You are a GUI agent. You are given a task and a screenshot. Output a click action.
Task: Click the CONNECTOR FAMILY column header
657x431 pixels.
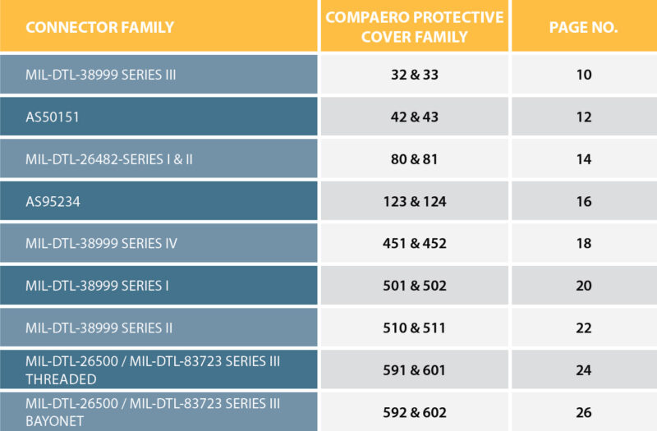click(x=99, y=27)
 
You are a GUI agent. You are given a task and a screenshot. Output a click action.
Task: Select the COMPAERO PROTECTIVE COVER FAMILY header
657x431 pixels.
click(x=414, y=27)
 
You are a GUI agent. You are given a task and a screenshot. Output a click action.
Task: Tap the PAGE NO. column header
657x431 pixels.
click(x=583, y=27)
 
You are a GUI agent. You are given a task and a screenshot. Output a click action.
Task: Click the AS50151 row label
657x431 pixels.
click(x=53, y=117)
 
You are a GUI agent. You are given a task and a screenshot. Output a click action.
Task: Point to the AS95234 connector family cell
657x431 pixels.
click(x=53, y=201)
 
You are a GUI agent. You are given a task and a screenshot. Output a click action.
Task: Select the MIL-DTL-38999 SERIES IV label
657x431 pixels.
click(x=101, y=243)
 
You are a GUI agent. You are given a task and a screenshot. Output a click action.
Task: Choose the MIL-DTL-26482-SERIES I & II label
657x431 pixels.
click(x=109, y=159)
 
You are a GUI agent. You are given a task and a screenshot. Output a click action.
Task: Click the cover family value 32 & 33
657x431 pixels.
click(x=414, y=75)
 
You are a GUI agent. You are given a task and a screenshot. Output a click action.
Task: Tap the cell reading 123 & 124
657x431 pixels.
click(x=414, y=201)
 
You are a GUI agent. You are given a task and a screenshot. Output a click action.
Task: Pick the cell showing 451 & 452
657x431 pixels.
click(x=414, y=243)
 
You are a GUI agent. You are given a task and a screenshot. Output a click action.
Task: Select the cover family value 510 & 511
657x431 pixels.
click(x=414, y=328)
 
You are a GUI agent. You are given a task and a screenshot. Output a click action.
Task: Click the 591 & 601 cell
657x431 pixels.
click(x=414, y=370)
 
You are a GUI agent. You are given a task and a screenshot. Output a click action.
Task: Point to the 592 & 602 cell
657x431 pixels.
click(x=414, y=412)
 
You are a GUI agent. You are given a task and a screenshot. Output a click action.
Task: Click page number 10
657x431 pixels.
click(x=584, y=75)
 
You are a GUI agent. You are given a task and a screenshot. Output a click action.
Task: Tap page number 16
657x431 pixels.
click(x=584, y=201)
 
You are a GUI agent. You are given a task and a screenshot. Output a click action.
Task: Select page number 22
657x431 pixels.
click(x=584, y=328)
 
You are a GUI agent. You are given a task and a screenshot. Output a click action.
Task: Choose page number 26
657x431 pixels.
click(x=584, y=412)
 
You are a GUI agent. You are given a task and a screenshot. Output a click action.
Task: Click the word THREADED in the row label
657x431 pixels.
click(x=61, y=379)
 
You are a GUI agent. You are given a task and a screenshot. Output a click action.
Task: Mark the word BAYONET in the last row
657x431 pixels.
click(x=56, y=421)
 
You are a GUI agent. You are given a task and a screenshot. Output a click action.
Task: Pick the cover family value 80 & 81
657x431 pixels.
click(x=414, y=159)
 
